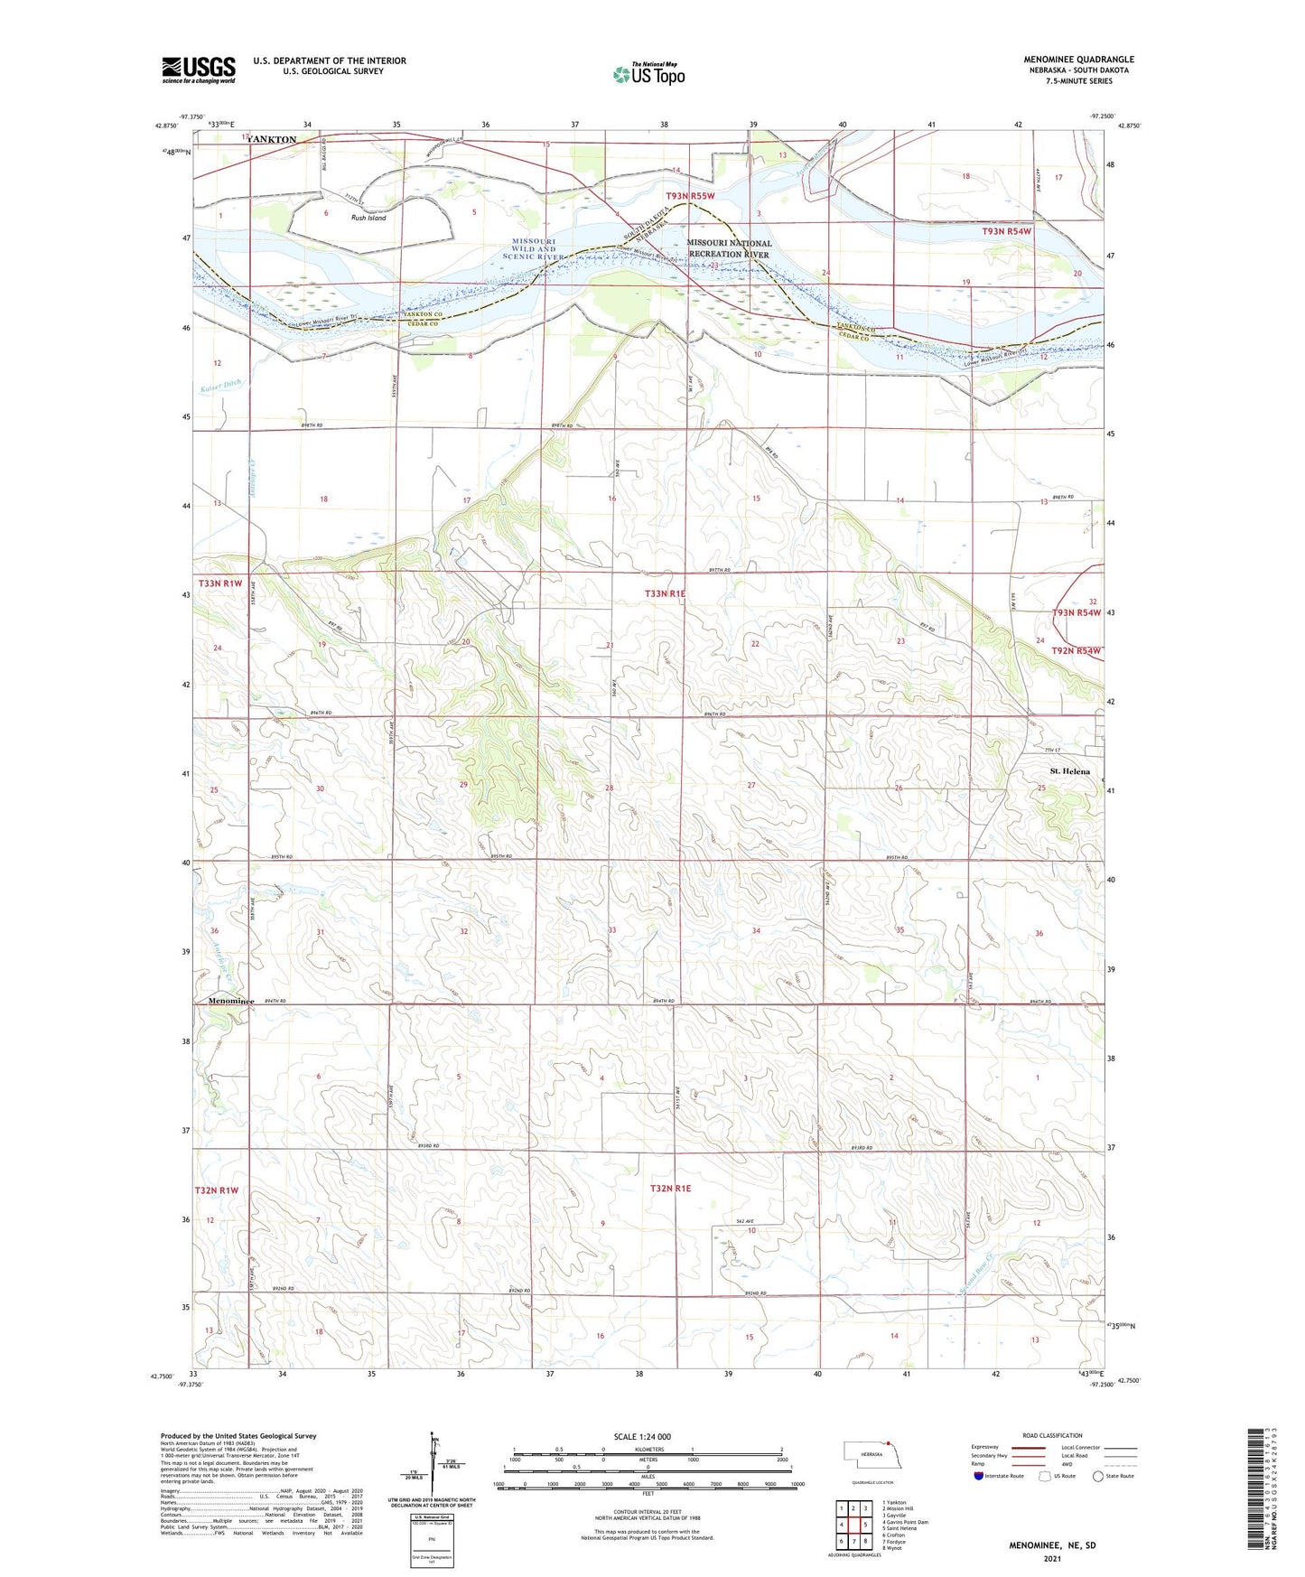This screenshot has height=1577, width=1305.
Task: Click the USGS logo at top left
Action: click(198, 70)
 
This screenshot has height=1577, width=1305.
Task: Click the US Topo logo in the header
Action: click(648, 74)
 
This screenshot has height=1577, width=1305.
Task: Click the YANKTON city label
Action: click(271, 140)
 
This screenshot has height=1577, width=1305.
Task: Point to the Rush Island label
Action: click(368, 218)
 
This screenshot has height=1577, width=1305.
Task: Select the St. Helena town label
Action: click(1069, 771)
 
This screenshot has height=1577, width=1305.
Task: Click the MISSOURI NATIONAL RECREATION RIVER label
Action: click(729, 248)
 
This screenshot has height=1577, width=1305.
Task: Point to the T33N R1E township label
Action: click(665, 593)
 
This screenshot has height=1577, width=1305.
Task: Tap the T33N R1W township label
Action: click(219, 583)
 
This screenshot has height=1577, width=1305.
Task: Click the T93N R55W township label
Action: click(690, 196)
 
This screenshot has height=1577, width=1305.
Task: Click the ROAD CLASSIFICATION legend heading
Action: click(1052, 1435)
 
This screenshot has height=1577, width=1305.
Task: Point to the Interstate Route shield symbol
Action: click(979, 1477)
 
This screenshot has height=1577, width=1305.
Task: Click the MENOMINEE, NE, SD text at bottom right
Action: click(1052, 1545)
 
